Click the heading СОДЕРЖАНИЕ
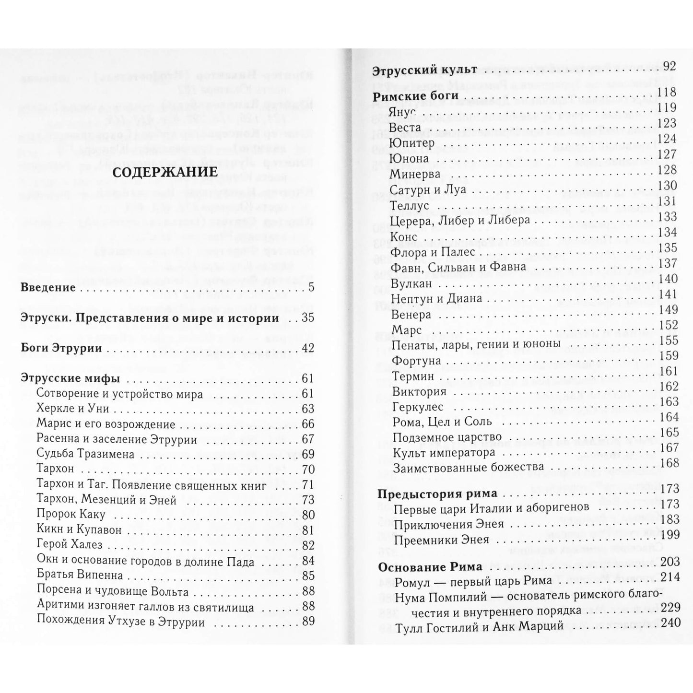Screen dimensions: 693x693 click(164, 171)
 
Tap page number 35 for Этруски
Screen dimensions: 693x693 click(307, 318)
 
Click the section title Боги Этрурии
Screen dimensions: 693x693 click(62, 348)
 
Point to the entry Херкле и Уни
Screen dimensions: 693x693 click(73, 409)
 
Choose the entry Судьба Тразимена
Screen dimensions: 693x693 click(85, 454)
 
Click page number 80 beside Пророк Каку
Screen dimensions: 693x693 click(307, 515)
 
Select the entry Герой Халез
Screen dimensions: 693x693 click(69, 545)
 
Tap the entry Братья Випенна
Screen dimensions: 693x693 click(80, 575)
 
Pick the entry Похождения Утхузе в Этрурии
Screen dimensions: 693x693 click(121, 622)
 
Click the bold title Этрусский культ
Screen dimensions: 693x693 click(424, 70)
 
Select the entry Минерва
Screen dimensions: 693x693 click(415, 174)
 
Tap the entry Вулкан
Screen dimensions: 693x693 click(411, 283)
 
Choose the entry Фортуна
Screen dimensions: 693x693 click(416, 361)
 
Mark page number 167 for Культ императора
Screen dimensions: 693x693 click(670, 448)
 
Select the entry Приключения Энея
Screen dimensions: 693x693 click(448, 524)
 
